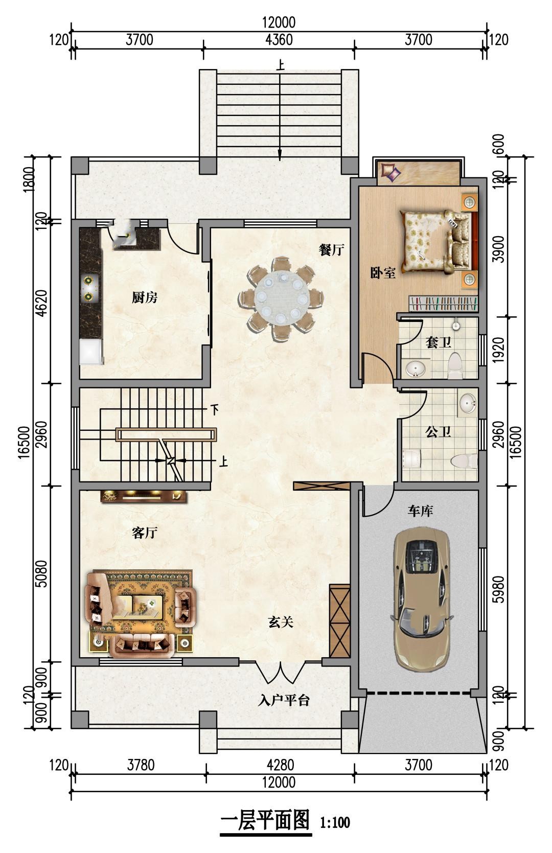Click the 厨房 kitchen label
coord(144,297)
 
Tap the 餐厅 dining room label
coord(331,250)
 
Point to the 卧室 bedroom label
coord(383,272)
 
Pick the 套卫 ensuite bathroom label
coord(438,342)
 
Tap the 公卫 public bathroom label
coord(438,432)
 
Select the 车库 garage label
coord(420,511)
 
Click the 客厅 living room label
coord(144,533)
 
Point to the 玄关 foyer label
coord(281,622)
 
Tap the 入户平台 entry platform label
coord(284,700)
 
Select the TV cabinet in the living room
coord(144,497)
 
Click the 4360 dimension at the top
coord(279,39)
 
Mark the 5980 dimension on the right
coord(498,589)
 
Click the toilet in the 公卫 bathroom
coord(464,461)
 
